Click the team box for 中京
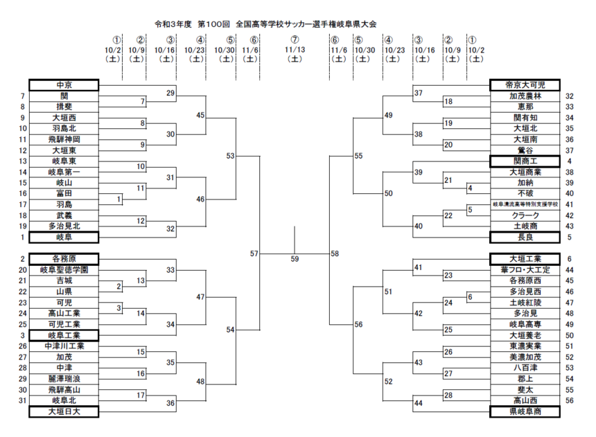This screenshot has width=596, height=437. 64,85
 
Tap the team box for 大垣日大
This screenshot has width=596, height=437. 64,411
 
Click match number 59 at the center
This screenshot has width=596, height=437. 295,259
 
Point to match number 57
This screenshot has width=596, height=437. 254,254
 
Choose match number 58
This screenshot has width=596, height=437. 335,254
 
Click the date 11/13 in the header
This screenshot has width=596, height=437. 295,50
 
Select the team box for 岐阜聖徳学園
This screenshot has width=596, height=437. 64,269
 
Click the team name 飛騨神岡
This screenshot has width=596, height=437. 64,139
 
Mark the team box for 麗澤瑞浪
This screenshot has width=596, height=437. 64,378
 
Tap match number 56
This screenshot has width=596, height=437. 358,324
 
